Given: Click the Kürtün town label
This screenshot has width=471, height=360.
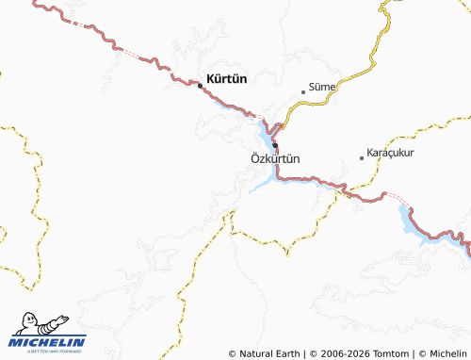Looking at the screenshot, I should (x=226, y=80).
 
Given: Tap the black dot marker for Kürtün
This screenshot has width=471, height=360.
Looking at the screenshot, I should (x=200, y=85).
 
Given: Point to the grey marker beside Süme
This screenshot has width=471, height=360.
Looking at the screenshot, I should (x=302, y=92).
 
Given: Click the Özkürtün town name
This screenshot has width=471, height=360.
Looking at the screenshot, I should (x=276, y=158).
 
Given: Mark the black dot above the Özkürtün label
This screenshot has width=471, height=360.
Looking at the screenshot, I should (x=275, y=145).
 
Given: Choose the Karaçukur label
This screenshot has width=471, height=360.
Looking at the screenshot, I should (x=391, y=153).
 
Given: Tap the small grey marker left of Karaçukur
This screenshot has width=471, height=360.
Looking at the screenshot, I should (x=361, y=158).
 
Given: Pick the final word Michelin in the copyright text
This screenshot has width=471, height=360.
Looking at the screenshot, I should (x=447, y=353).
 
